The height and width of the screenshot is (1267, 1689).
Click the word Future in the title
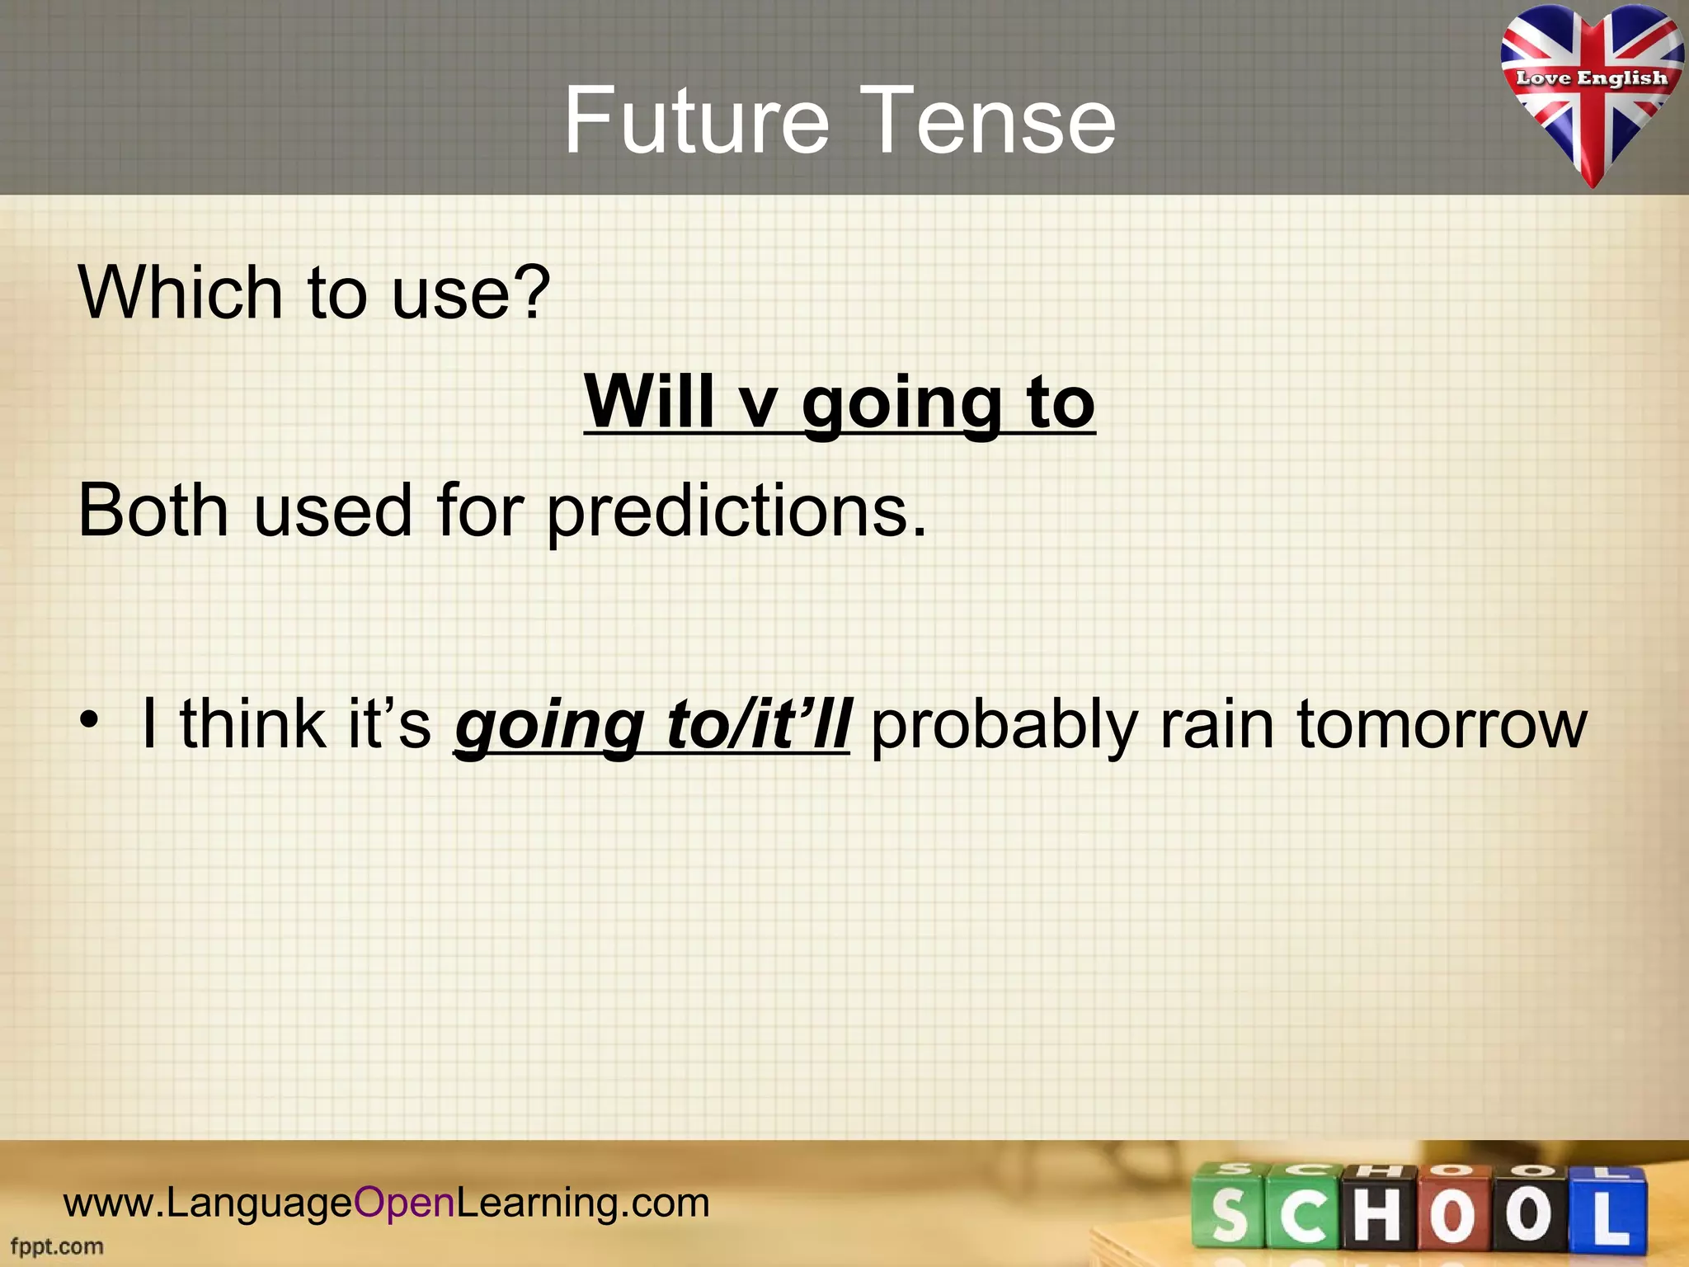pos(695,121)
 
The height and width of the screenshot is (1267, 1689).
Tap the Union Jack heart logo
pos(1591,95)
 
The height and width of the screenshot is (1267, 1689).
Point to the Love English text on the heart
pos(1591,78)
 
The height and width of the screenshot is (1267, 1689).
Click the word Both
pos(153,511)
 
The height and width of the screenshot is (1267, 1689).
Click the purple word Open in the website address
pos(404,1203)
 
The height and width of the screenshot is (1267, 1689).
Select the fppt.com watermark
pos(57,1246)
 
